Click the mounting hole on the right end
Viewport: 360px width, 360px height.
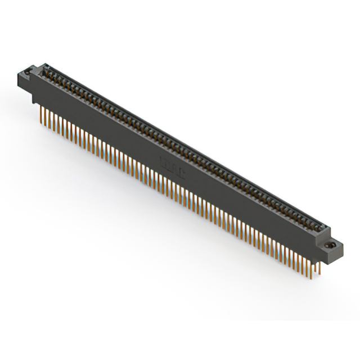point(331,246)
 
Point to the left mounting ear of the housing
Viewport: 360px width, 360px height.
point(29,76)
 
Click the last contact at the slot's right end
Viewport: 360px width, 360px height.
point(322,227)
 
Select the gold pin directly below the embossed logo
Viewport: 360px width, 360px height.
point(169,188)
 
